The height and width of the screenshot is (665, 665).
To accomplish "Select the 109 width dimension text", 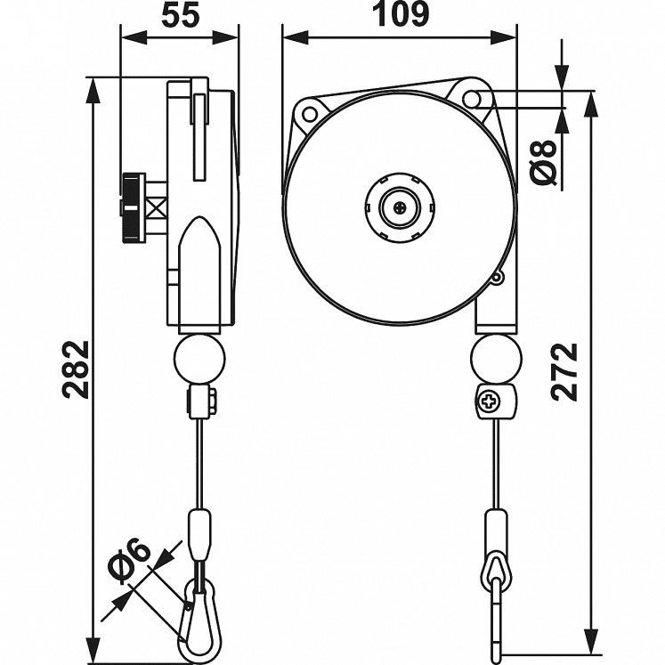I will pos(399,15).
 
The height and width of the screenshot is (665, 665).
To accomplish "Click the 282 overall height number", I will pos(77,369).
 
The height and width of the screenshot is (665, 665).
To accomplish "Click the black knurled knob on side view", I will pos(134,207).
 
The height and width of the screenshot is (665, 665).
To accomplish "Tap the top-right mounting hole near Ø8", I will pos(474,97).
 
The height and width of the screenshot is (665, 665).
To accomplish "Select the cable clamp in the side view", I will pos(201,402).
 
